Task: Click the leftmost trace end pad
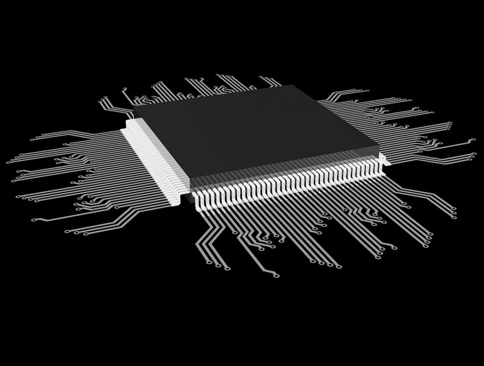point(8,162)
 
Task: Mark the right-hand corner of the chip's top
point(380,150)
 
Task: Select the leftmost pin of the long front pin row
point(197,199)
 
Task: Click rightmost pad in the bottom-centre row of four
point(340,265)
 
